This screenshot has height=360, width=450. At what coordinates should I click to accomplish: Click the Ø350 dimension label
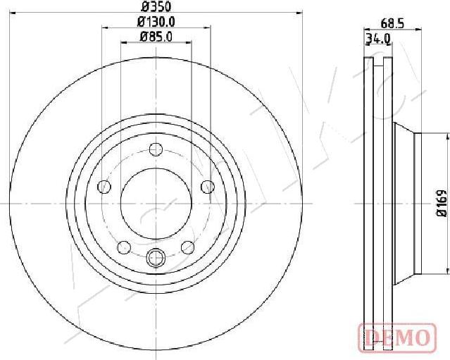(156, 8)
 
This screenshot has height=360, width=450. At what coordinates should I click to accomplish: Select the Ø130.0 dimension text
(156, 23)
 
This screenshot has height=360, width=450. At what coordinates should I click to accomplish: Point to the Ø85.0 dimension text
(156, 37)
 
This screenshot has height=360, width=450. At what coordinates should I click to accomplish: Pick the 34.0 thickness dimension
(377, 39)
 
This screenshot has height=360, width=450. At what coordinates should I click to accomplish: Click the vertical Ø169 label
(442, 202)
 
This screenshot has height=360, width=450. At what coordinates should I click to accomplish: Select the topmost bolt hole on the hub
(156, 149)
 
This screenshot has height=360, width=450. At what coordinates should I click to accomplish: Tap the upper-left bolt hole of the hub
(105, 186)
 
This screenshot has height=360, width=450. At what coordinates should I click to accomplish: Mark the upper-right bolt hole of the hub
(207, 186)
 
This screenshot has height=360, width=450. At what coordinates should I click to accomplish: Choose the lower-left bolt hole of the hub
(125, 247)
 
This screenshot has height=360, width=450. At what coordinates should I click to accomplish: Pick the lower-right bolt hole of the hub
(188, 247)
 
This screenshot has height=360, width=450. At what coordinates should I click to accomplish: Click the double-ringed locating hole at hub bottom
(156, 259)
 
